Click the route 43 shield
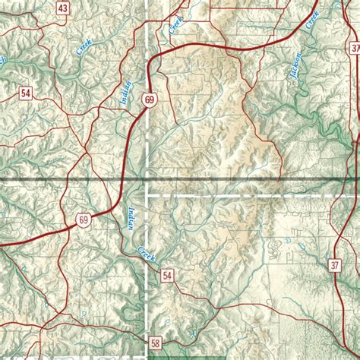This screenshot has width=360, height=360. tap(63, 8)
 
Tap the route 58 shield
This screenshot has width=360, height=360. tap(156, 343)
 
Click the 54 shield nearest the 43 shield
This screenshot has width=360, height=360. tap(27, 93)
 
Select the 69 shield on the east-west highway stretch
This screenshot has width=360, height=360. tap(84, 220)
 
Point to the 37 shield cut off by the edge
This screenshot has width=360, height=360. tap(355, 48)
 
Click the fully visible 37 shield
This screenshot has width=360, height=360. tap(335, 265)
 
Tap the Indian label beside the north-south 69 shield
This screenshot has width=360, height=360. tap(125, 92)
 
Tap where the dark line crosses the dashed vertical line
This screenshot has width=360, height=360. tap(146, 180)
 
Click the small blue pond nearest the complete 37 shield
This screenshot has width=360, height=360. tap(289, 242)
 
